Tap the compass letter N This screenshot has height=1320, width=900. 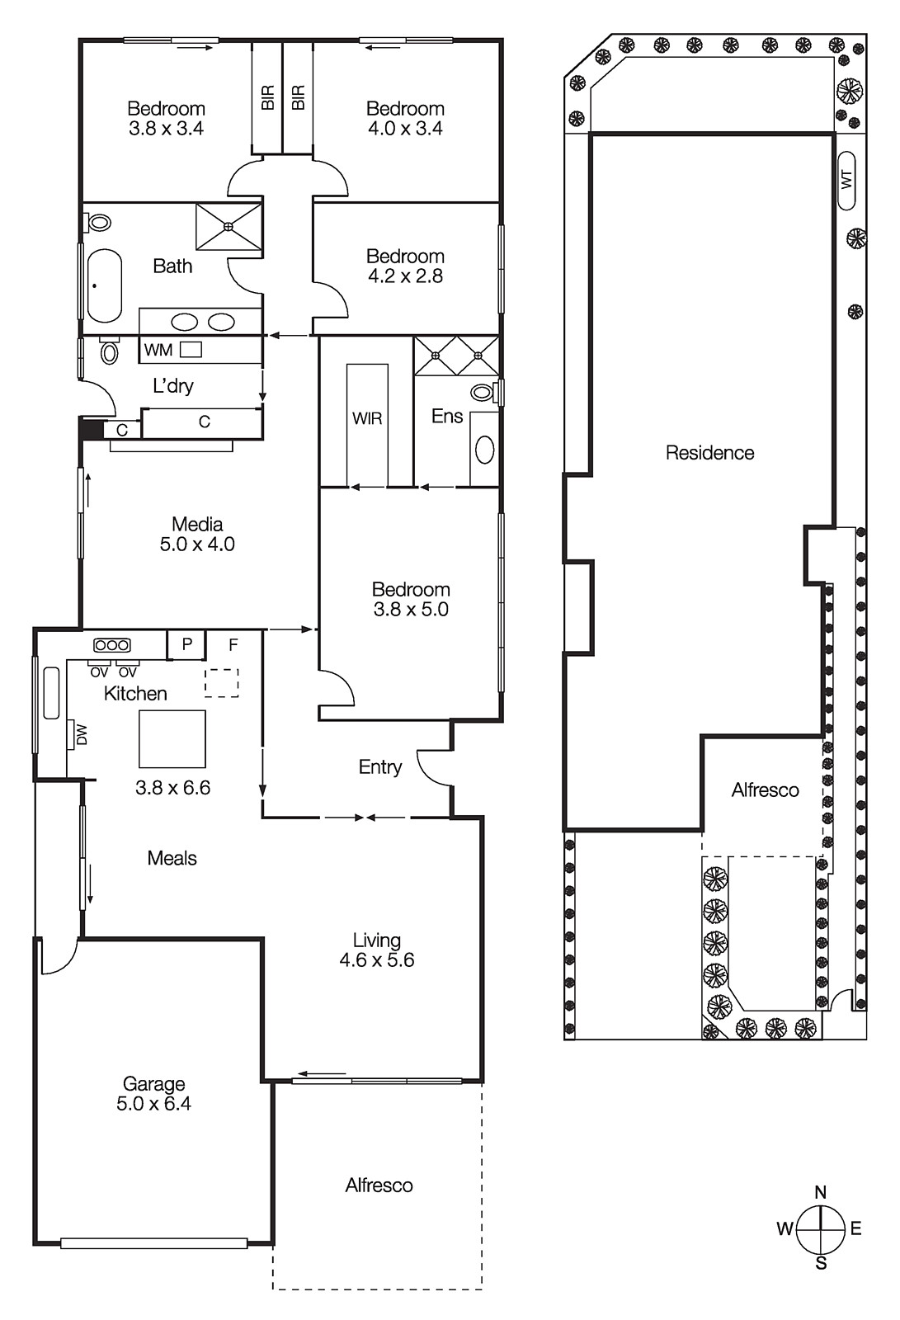(820, 1192)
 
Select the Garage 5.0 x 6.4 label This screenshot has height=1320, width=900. (154, 1094)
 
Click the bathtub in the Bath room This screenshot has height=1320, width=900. (105, 285)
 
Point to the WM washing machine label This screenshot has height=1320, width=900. (158, 350)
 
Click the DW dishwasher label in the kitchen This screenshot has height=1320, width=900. (81, 734)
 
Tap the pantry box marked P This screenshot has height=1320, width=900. (187, 644)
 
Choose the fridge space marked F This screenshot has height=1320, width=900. (233, 645)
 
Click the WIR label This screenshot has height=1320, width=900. (367, 418)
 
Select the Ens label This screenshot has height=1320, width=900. (447, 416)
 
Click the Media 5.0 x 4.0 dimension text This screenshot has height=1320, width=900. (197, 544)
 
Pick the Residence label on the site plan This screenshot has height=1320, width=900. (709, 452)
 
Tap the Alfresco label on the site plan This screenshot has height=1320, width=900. (765, 790)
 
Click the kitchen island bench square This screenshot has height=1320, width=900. (172, 739)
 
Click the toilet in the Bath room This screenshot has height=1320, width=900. (100, 222)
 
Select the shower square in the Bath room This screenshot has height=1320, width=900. (229, 226)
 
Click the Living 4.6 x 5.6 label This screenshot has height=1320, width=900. (377, 950)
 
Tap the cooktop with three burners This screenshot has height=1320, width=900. (111, 645)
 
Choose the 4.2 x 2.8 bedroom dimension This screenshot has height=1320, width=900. (405, 276)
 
